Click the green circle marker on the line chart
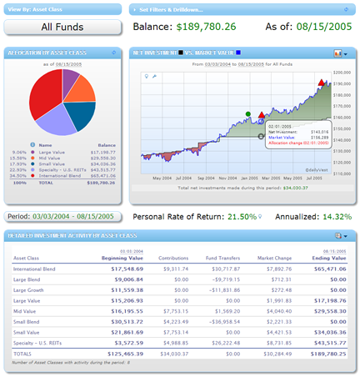point(248,113)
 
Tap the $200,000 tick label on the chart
point(342,73)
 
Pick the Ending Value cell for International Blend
point(331,269)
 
